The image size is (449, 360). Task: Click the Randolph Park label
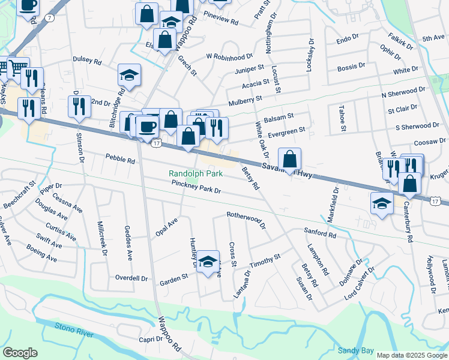pos(195,173)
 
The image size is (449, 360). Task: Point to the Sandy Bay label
pos(355,350)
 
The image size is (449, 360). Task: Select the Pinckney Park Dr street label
pos(196,187)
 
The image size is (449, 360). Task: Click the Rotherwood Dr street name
pos(246,219)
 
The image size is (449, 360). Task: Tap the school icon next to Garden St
pos(208,262)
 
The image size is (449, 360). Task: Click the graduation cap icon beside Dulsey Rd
pos(129,75)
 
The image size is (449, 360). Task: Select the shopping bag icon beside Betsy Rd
pos(289,159)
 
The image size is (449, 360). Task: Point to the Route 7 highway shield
pos(50,20)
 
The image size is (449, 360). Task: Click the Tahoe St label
pos(343,119)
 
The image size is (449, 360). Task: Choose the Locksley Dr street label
pos(310,55)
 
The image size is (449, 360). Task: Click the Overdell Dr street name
pos(131,278)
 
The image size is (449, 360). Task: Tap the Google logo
pos(20,353)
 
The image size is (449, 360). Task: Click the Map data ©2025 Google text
pos(411,355)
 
